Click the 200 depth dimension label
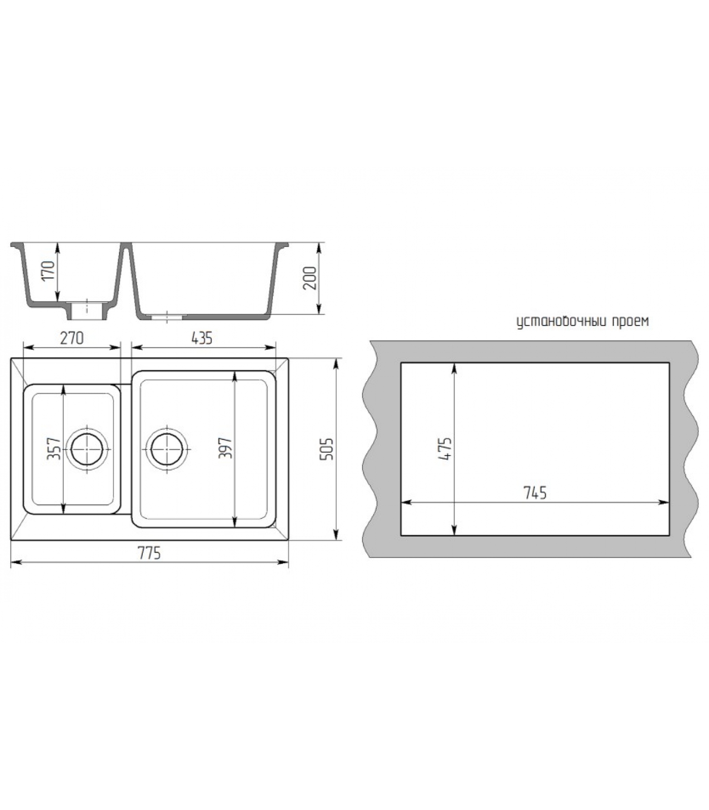[x=309, y=278]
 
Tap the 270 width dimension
[x=72, y=338]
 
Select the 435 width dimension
[x=202, y=338]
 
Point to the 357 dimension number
[x=54, y=449]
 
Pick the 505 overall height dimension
[x=328, y=449]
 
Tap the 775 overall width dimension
[x=149, y=553]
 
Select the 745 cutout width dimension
[x=535, y=492]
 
